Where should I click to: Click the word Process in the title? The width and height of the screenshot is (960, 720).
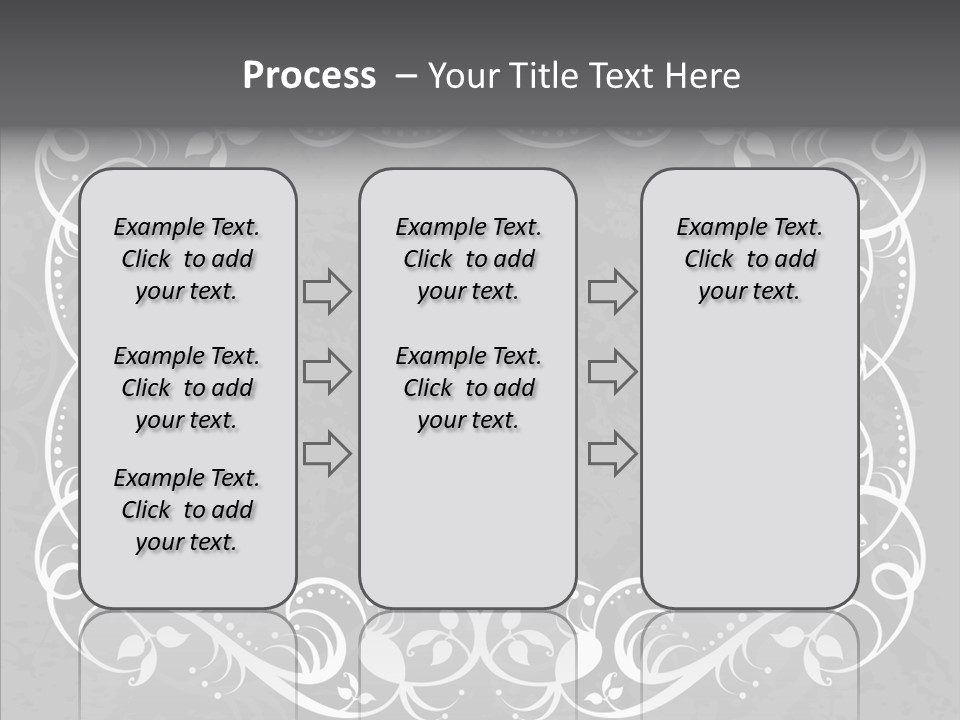(309, 76)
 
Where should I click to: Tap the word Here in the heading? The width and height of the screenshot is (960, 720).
(704, 76)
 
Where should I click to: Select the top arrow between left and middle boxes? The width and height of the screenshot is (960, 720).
(327, 292)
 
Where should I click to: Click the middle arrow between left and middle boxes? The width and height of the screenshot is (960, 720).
(327, 373)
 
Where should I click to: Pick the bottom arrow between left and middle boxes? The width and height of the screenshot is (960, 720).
(327, 454)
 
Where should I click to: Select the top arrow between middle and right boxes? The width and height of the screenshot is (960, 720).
(612, 292)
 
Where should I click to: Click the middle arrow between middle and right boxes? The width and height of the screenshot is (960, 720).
(612, 373)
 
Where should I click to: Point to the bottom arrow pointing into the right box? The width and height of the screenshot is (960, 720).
(612, 454)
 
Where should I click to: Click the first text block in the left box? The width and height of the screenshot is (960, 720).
(187, 259)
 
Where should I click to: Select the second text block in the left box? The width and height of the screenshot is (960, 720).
(187, 388)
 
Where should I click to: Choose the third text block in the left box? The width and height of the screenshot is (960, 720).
(187, 510)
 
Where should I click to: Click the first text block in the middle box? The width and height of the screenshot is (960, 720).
(468, 259)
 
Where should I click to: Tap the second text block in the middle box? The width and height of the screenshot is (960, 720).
(468, 388)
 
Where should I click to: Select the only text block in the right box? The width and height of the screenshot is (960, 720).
(749, 259)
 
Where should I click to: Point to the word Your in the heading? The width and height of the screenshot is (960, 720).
(462, 76)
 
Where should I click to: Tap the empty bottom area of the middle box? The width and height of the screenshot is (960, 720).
(468, 530)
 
